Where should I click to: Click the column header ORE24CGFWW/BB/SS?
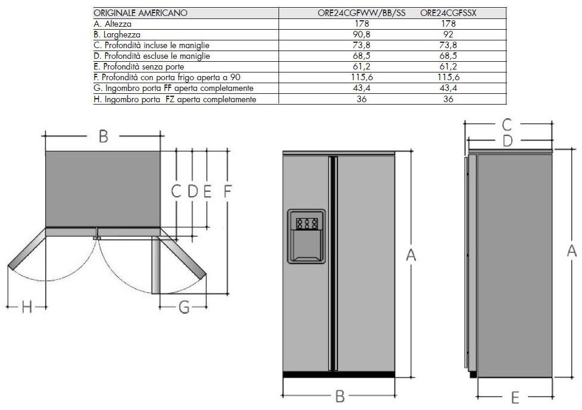(361, 13)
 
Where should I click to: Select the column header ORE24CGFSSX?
(448, 13)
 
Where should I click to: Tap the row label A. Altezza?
(112, 24)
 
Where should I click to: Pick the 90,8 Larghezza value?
(362, 34)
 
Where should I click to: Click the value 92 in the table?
(448, 34)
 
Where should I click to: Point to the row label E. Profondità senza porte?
(139, 67)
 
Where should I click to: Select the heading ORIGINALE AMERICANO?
(140, 13)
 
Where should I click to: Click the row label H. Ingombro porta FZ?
(175, 99)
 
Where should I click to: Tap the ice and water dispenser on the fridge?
(306, 236)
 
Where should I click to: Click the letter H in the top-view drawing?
(26, 307)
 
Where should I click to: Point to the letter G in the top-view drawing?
(184, 307)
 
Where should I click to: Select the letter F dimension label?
(227, 191)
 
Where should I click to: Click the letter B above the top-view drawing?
(103, 137)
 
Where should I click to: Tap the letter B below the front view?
(340, 396)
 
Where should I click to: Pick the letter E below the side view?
(515, 398)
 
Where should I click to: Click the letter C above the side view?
(506, 125)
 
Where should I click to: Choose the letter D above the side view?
(508, 141)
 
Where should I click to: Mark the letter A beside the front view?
(411, 255)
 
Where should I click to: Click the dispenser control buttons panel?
(306, 223)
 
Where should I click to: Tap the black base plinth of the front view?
(339, 375)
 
